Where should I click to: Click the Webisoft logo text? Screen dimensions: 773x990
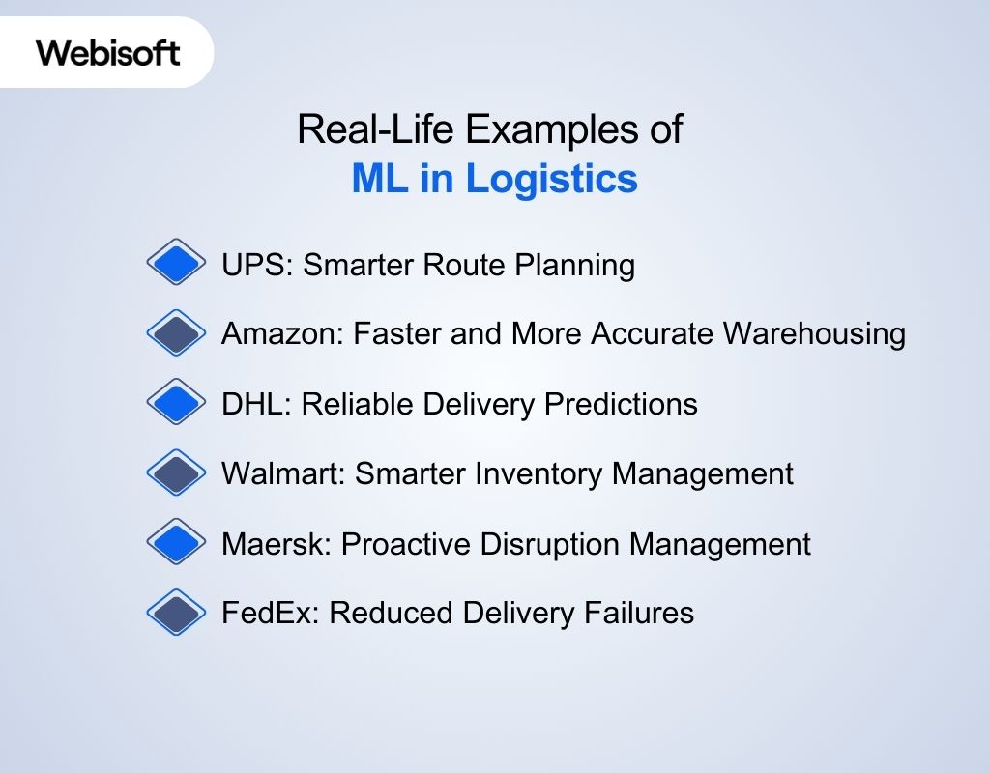pyautogui.click(x=108, y=52)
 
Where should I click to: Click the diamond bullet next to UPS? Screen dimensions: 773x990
pyautogui.click(x=176, y=263)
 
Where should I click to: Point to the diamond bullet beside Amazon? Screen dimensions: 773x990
pyautogui.click(x=176, y=333)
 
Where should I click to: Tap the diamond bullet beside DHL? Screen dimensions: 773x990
pyautogui.click(x=176, y=403)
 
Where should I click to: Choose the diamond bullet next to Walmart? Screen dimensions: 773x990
pyautogui.click(x=176, y=473)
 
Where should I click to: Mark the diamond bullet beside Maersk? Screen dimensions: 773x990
pyautogui.click(x=176, y=543)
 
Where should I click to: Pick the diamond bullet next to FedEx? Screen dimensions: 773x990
pyautogui.click(x=176, y=613)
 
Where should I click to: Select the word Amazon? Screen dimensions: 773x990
pyautogui.click(x=281, y=334)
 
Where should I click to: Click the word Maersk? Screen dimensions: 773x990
pyautogui.click(x=276, y=543)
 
